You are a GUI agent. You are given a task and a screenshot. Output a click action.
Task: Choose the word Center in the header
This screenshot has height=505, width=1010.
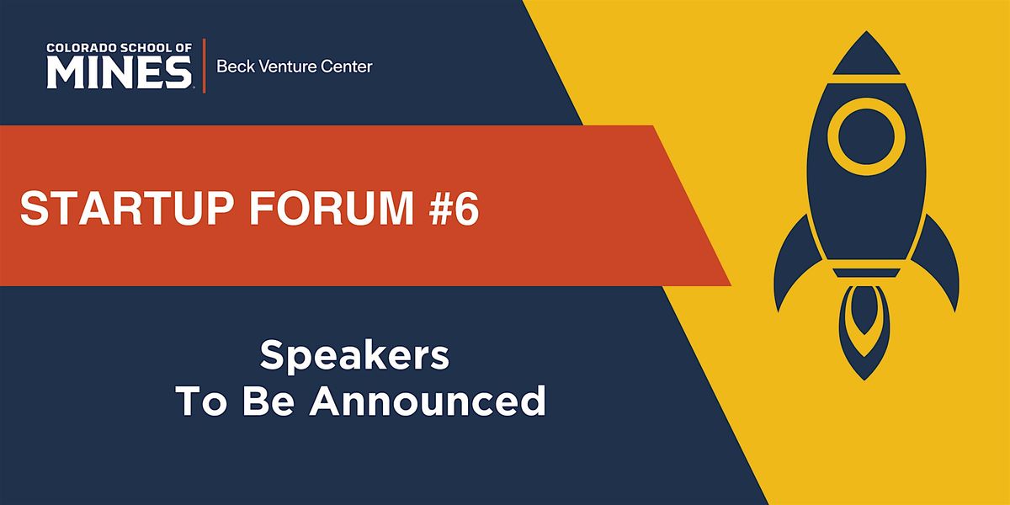pos(346,66)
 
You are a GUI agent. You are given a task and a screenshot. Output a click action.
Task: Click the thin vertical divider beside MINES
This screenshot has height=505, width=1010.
pos(203,66)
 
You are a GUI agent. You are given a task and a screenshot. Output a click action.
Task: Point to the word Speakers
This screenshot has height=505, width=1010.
pos(354,357)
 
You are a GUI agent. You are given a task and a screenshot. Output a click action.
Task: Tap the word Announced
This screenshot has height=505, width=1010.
pos(428,401)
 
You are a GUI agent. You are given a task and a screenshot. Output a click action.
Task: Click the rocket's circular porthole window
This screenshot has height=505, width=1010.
pos(866,136)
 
